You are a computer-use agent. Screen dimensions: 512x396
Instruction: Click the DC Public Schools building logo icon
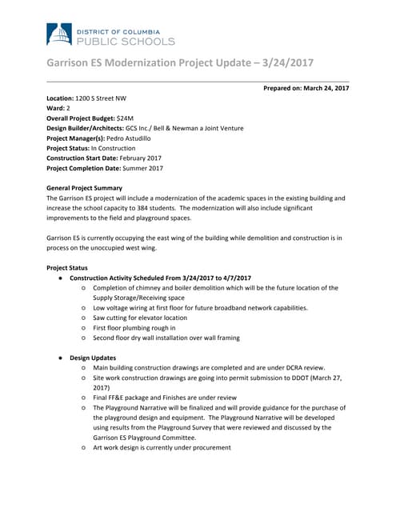(58, 33)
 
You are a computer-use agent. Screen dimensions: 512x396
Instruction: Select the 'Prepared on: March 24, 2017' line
(306, 87)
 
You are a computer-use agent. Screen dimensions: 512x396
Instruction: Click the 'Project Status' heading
(68, 267)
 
